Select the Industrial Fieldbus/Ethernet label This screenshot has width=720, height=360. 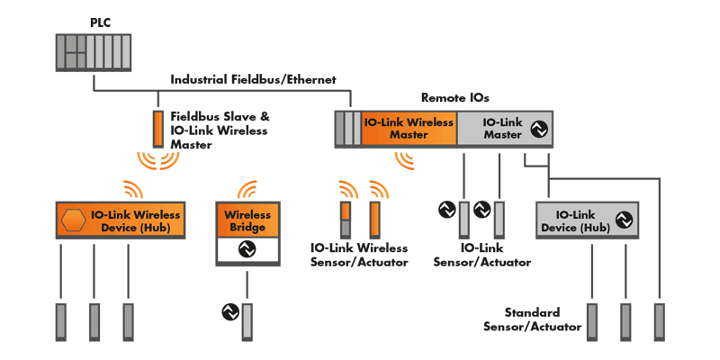point(253,80)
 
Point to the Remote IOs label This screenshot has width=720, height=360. point(455,96)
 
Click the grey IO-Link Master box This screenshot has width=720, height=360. point(504,129)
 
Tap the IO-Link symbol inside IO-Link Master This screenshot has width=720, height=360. point(538,129)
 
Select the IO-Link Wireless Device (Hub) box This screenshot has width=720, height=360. point(121,220)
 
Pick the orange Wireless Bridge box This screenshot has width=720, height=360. point(247,220)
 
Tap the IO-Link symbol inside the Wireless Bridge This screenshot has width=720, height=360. point(247,251)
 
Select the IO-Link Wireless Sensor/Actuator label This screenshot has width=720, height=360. point(359,254)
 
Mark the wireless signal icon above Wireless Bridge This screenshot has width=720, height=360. point(247,190)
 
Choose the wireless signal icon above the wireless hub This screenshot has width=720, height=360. point(132,190)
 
